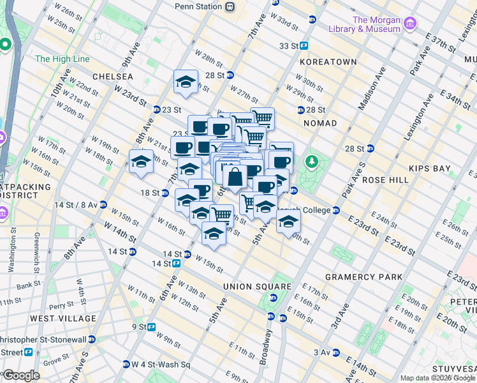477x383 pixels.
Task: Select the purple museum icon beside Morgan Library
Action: pos(410,24)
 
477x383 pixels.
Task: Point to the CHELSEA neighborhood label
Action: pos(113,77)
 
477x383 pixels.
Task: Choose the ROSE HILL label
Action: pos(385,180)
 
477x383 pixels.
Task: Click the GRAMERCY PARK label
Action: pos(364,277)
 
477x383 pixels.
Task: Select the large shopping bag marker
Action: pos(234,178)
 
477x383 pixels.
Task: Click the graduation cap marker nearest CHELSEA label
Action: pos(185,82)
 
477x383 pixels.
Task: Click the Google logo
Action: pos(21,375)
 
